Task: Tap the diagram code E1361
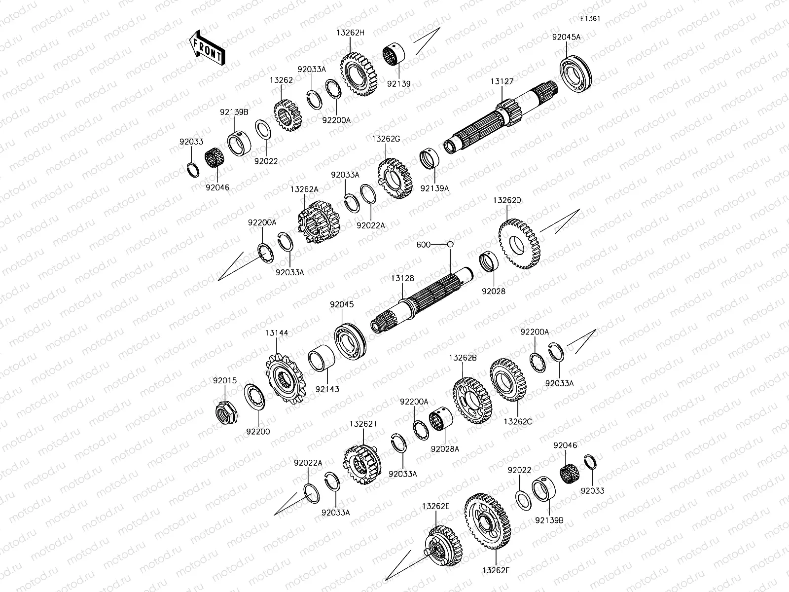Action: [590, 19]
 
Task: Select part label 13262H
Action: [350, 33]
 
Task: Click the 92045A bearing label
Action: [566, 37]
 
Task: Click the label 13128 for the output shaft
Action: [402, 279]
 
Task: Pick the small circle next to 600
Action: [450, 244]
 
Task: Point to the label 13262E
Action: [436, 506]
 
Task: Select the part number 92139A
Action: [434, 188]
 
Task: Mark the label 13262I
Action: [363, 424]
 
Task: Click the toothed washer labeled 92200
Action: [255, 399]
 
